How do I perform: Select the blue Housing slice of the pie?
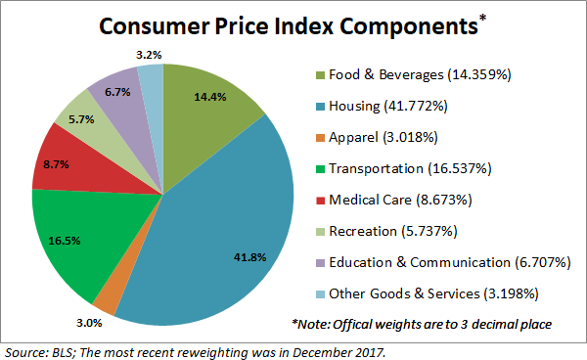point(225,235)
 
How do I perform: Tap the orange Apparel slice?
point(108,298)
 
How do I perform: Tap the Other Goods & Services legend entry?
point(430,293)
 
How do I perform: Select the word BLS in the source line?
point(58,349)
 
